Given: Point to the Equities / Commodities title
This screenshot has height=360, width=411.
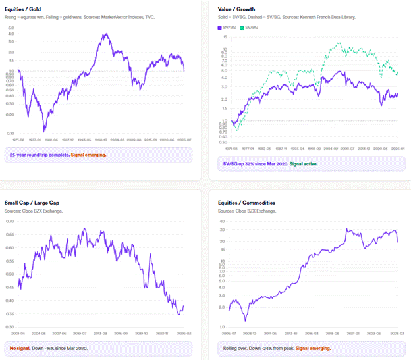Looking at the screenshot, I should point(245,203).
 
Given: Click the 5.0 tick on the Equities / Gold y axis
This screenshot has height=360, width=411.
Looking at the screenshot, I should point(11,29).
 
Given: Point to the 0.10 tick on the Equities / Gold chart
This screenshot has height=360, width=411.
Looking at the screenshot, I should point(10,115).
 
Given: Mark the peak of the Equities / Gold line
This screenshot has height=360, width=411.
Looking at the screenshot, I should point(103,34).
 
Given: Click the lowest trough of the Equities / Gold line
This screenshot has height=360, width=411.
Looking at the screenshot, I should point(44,130).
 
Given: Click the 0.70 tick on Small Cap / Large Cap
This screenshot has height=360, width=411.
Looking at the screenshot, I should point(9,222).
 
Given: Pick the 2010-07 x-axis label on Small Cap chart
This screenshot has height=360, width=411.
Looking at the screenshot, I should point(80,334).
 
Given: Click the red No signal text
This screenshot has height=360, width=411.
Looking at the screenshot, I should point(20,348).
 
